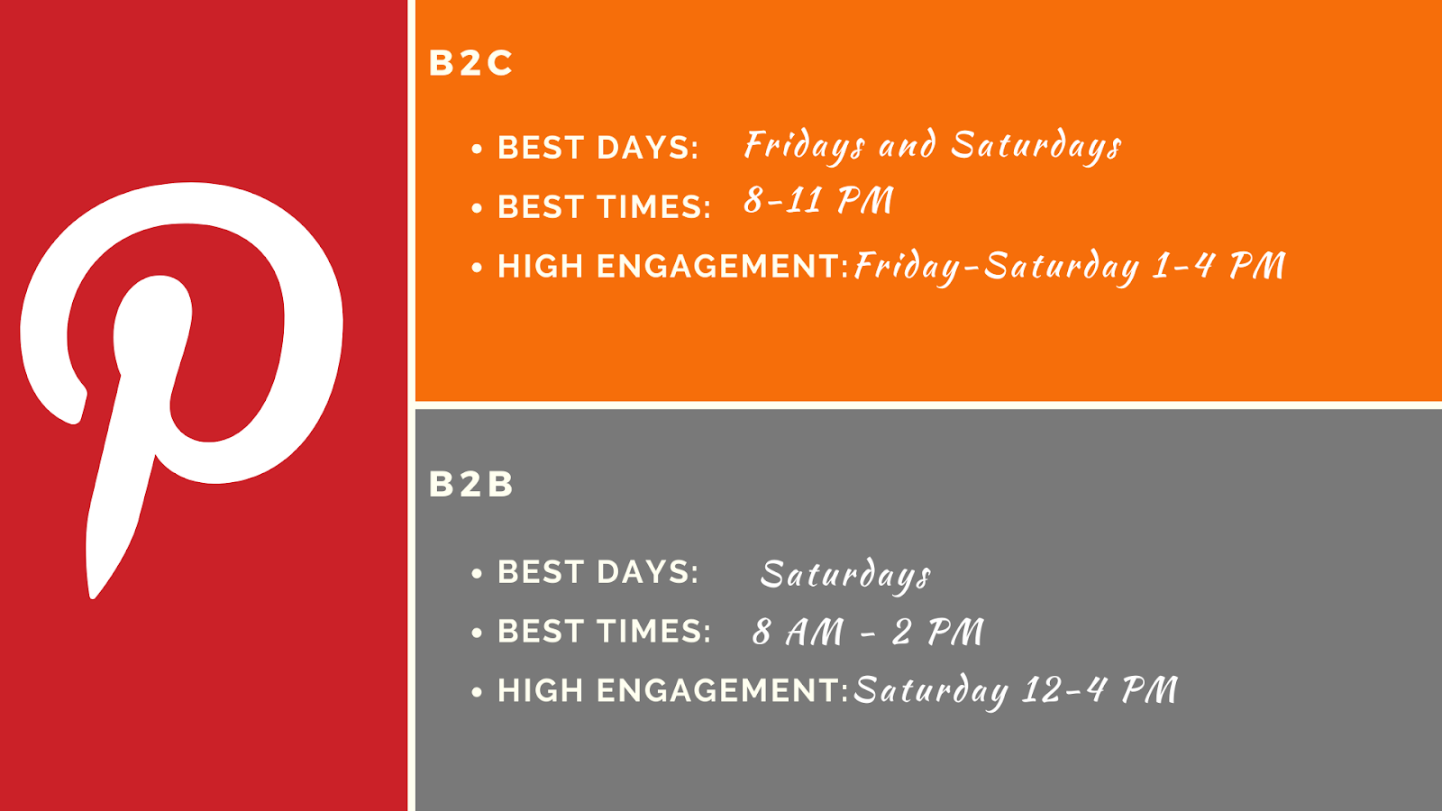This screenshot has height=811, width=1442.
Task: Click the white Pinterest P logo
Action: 154,334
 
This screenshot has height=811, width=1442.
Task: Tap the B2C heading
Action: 470,63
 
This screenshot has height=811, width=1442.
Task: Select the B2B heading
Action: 470,483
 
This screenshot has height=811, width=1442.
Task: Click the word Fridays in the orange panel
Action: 805,145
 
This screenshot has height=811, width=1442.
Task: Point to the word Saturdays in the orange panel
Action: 1036,145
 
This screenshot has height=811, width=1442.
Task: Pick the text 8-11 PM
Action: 819,199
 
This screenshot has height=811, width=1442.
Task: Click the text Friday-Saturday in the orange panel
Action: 997,267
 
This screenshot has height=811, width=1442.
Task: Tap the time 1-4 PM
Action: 1218,265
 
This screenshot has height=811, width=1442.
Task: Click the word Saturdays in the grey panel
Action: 846,574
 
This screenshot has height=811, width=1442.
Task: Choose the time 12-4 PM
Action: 1100,689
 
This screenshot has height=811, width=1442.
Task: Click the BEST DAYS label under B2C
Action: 598,148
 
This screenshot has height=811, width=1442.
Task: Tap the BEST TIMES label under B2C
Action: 604,206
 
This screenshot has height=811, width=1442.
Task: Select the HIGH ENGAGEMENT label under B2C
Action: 673,266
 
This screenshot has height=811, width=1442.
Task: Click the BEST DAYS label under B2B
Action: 598,571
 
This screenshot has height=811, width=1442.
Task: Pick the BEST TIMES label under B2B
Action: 604,631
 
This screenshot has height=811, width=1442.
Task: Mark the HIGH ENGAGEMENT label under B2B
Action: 673,690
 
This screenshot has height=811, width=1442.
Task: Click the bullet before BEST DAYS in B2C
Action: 477,150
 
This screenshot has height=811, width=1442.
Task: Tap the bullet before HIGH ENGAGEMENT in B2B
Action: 477,693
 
